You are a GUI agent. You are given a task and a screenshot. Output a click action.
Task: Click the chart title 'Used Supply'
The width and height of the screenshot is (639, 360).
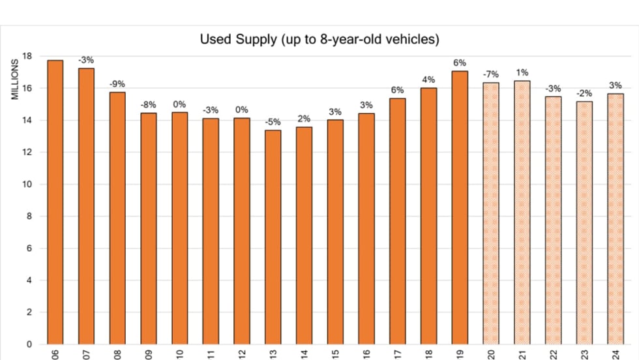click(319, 40)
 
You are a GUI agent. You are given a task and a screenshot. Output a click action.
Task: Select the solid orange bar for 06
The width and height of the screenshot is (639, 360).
click(55, 202)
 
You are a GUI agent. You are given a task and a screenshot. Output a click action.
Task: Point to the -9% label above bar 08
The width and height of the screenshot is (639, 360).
click(117, 84)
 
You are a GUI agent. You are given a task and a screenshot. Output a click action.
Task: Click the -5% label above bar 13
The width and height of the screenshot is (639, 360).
click(273, 122)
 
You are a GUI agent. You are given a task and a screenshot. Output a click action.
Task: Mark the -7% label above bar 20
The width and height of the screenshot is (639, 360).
click(491, 74)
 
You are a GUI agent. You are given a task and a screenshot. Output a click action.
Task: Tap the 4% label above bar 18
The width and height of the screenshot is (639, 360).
click(428, 80)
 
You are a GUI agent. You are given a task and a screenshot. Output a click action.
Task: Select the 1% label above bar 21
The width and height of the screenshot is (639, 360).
click(522, 72)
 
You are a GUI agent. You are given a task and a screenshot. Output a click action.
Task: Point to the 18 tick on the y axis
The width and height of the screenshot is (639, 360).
click(27, 56)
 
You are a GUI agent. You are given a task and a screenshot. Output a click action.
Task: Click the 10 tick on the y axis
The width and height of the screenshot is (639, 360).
click(27, 185)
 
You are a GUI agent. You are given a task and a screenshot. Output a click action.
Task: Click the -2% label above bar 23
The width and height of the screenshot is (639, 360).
click(584, 93)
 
